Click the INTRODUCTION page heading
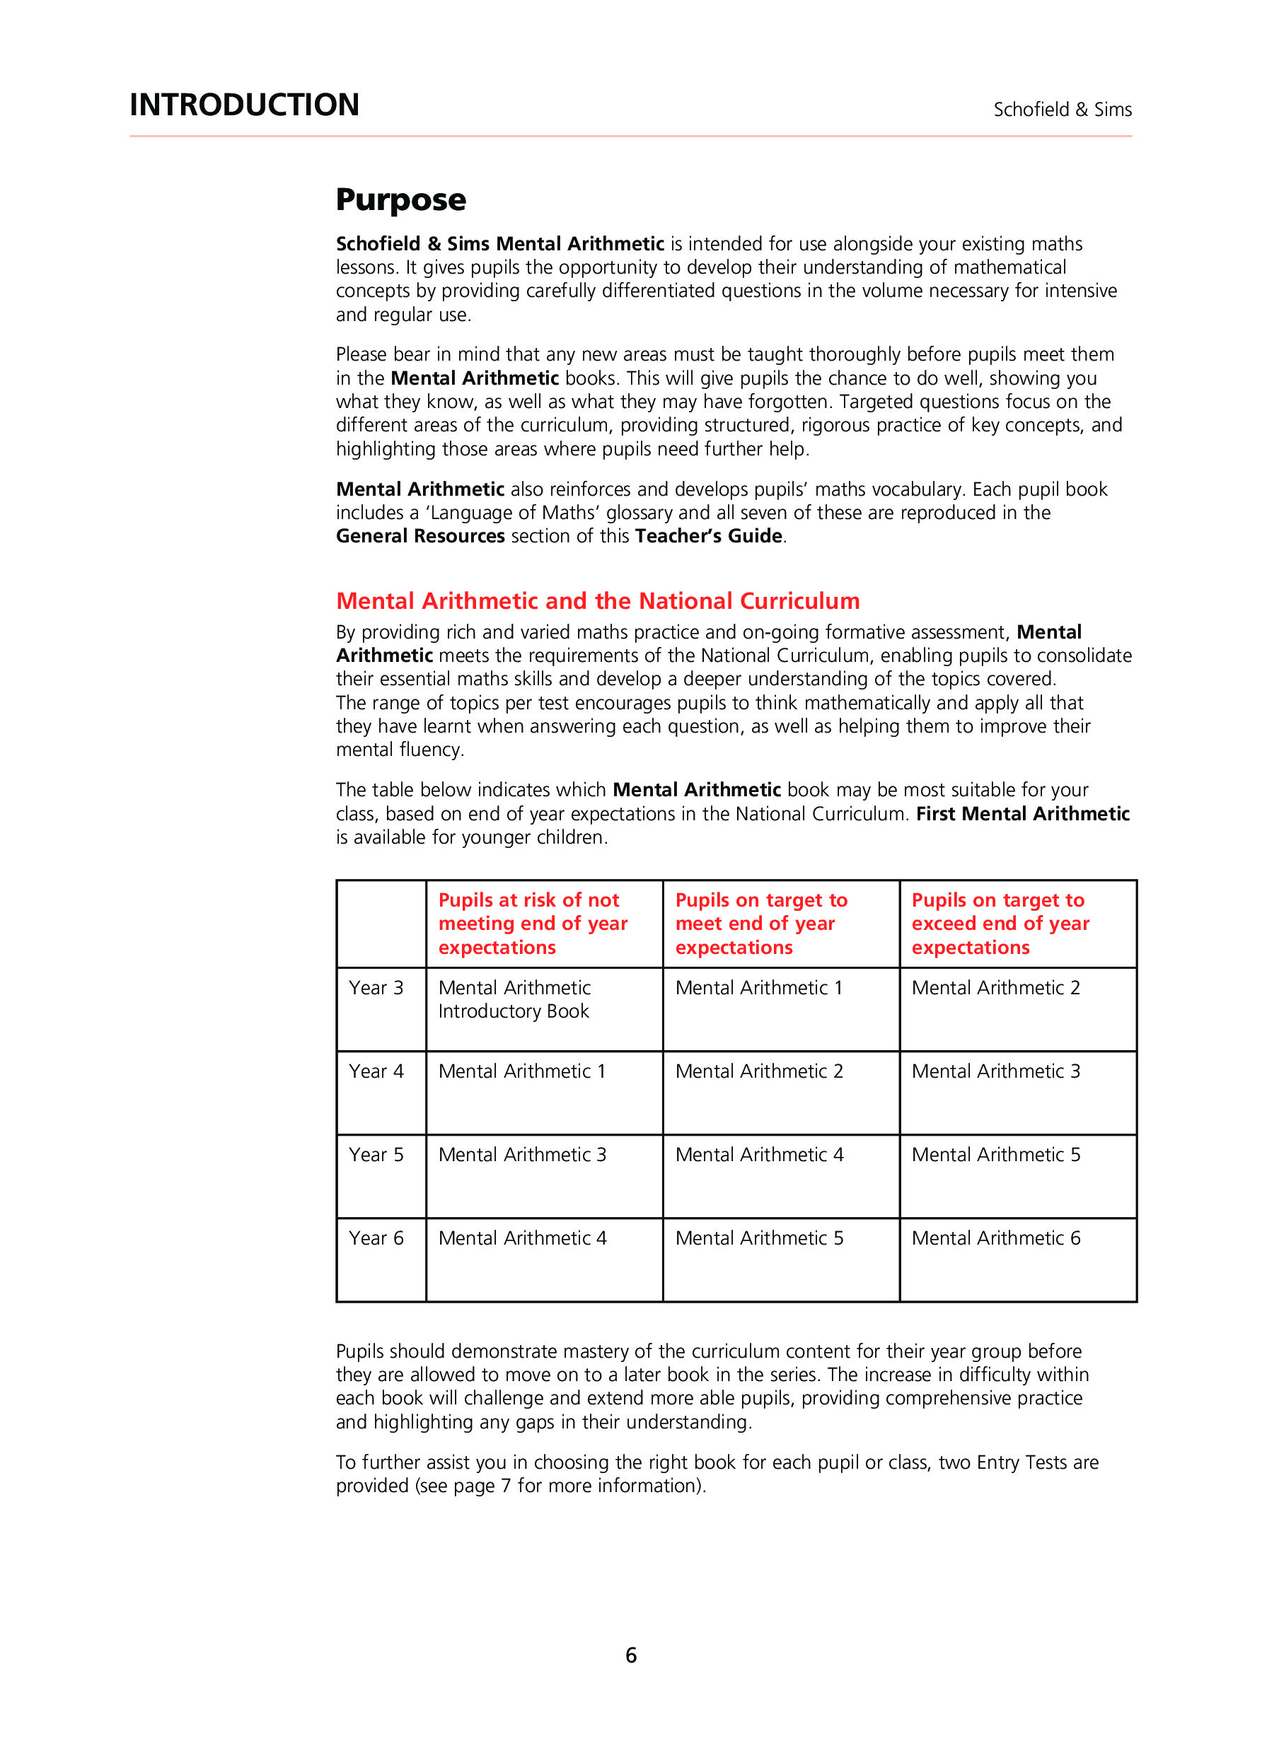pos(244,105)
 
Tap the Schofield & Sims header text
pos(1062,110)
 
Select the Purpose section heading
pos(400,200)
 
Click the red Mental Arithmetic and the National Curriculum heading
pos(598,600)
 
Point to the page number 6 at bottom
pos(630,1654)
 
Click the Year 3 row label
pos(376,988)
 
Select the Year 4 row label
pos(376,1071)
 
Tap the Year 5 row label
pos(376,1155)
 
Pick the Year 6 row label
pos(376,1238)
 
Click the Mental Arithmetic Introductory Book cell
pos(514,999)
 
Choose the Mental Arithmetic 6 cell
pos(995,1238)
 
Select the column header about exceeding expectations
pos(1000,923)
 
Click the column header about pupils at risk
pos(533,923)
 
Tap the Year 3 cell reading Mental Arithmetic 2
pos(995,988)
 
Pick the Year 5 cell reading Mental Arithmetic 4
pos(759,1155)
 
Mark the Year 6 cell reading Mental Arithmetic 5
pos(759,1238)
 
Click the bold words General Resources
pos(420,536)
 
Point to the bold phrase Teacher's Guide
pos(708,536)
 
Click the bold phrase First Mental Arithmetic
pos(1022,814)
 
